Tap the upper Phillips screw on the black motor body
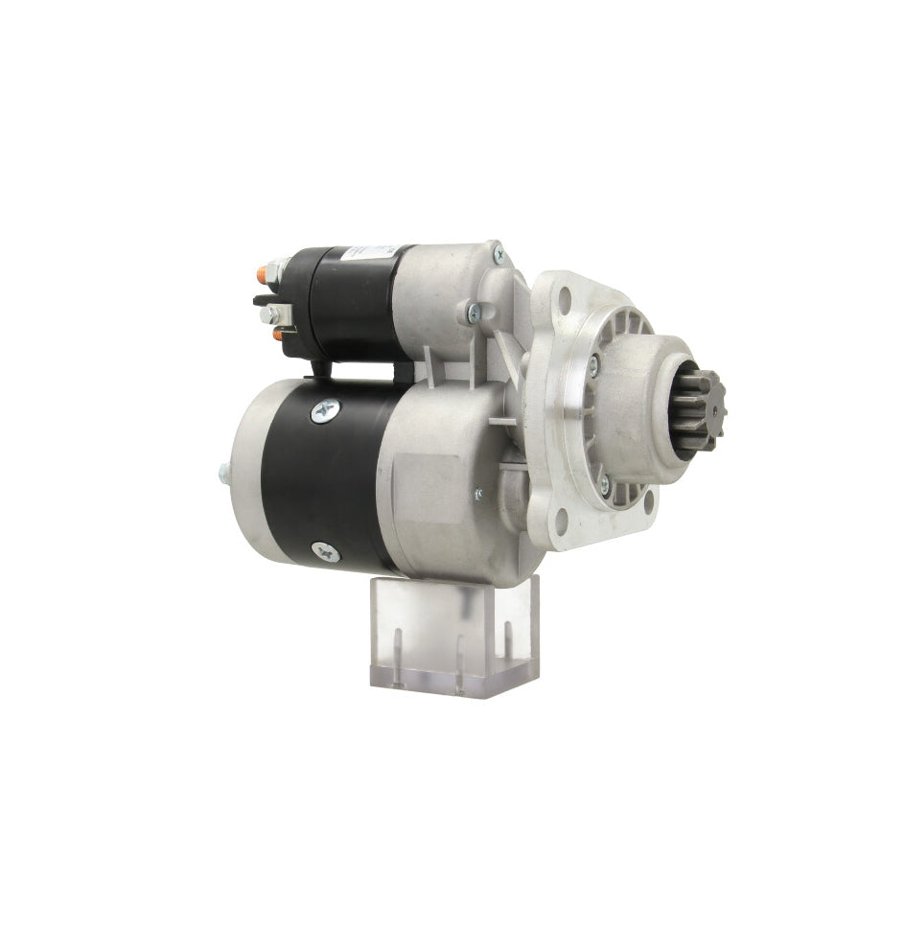pyautogui.click(x=321, y=409)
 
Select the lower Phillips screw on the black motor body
pyautogui.click(x=323, y=550)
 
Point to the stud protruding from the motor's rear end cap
pyautogui.click(x=221, y=471)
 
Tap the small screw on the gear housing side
pyautogui.click(x=477, y=495)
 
